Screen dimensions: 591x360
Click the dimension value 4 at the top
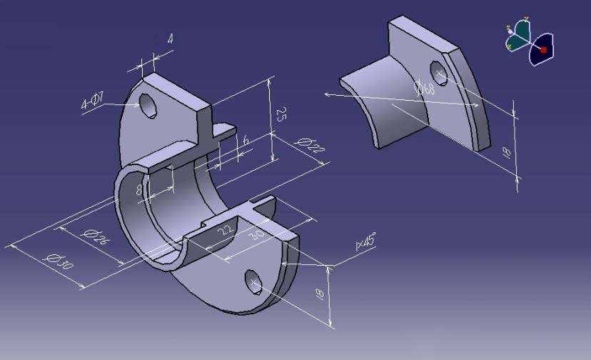point(171,39)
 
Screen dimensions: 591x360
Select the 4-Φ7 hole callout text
point(92,101)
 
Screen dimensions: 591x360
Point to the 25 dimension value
point(280,114)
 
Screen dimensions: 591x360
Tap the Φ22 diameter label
point(309,145)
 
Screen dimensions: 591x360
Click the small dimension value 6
point(246,141)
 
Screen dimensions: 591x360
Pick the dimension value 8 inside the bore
point(139,189)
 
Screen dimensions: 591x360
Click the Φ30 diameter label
point(58,261)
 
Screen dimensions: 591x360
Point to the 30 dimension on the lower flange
point(258,235)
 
